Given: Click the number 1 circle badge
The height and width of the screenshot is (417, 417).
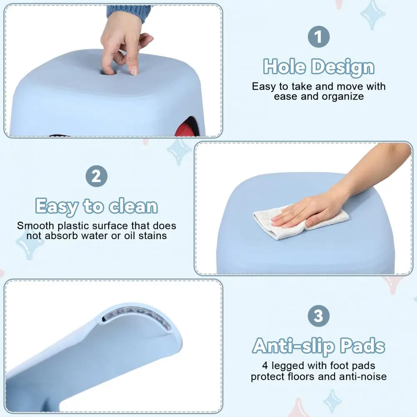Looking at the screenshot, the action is [x=319, y=37].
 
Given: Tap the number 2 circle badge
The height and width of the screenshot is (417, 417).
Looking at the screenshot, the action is [x=97, y=176].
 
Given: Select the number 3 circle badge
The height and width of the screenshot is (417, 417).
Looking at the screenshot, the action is [x=319, y=316].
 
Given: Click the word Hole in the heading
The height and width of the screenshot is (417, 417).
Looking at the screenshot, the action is [x=284, y=67].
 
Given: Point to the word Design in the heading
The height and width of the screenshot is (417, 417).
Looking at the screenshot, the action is [x=343, y=67].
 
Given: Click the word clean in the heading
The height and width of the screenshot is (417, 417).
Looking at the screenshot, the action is [x=133, y=206].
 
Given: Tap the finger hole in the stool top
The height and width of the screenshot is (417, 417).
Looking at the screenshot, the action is [x=107, y=72].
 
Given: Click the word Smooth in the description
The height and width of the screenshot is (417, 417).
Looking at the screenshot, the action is [x=36, y=226].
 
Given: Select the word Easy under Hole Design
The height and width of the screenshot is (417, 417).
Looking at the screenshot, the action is [x=264, y=87].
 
